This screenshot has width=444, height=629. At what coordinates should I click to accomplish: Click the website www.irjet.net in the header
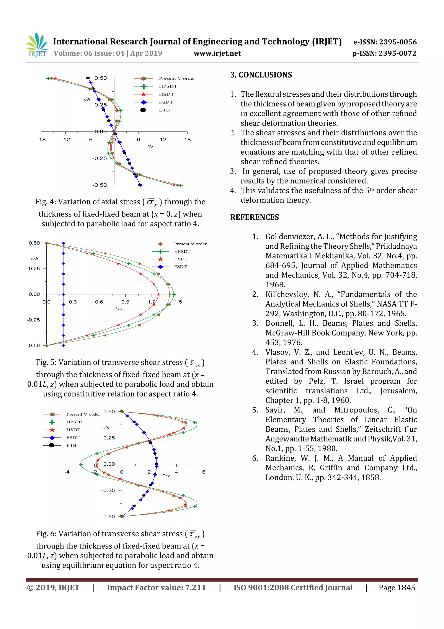(x=217, y=53)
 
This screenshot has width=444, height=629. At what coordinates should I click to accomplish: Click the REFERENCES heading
(x=255, y=217)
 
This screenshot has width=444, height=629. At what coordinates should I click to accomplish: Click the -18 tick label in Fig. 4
(x=41, y=140)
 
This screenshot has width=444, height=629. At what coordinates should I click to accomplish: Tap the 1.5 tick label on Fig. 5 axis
(x=178, y=302)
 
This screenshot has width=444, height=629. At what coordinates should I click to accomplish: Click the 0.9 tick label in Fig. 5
(x=125, y=302)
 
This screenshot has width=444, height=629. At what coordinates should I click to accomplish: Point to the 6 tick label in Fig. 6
(x=204, y=472)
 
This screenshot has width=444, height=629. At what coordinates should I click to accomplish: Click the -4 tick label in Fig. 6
(x=67, y=472)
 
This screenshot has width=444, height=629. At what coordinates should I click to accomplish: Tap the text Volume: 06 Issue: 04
(x=89, y=53)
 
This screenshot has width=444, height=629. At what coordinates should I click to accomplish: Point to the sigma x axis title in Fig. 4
(x=151, y=146)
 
